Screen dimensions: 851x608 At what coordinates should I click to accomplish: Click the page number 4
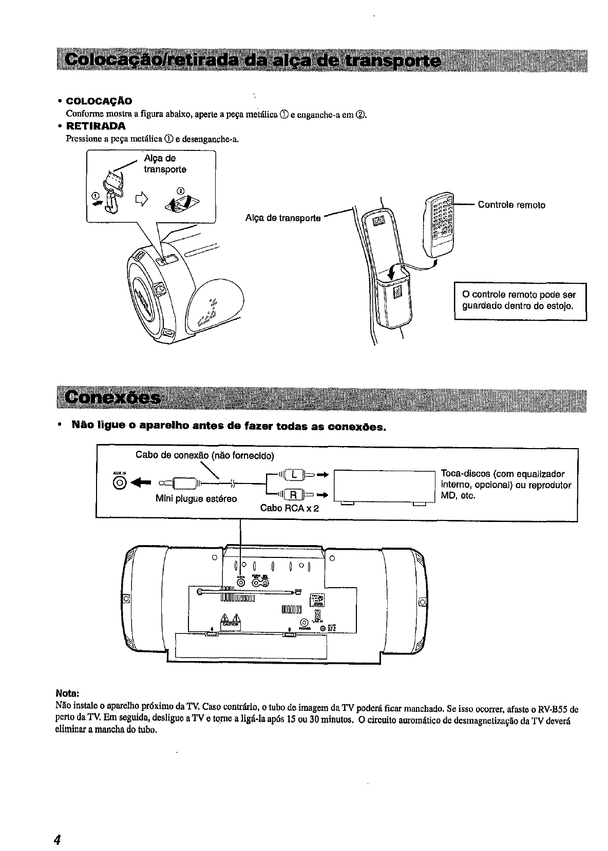tap(58, 840)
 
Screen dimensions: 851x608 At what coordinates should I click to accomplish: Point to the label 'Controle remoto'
tap(511, 205)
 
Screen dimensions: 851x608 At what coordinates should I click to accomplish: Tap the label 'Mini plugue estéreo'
tap(196, 498)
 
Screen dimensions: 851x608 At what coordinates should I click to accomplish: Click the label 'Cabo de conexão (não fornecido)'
tap(205, 455)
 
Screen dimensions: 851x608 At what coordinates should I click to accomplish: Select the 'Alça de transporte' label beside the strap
tap(283, 218)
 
